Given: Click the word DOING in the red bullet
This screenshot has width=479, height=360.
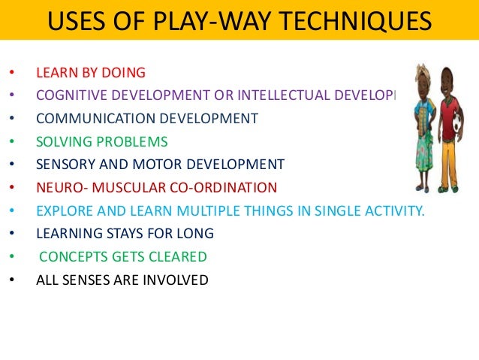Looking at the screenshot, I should [125, 73].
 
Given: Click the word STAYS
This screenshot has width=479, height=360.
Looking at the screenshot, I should [122, 234].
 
